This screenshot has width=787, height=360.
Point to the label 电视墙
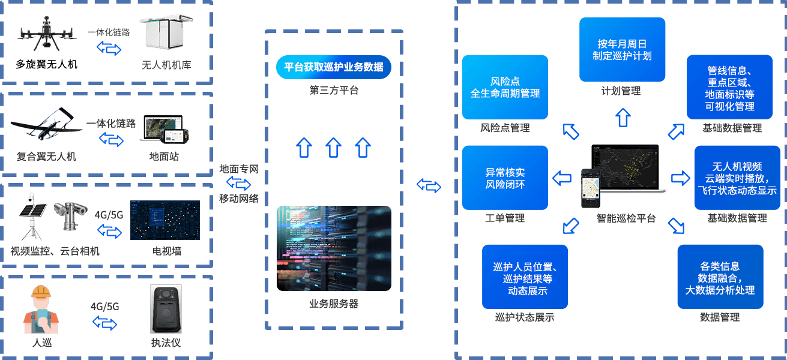click(x=167, y=251)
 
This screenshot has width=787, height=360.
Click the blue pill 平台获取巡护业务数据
click(x=334, y=67)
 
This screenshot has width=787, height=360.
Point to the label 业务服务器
click(x=334, y=304)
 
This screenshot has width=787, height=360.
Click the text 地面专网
click(x=239, y=169)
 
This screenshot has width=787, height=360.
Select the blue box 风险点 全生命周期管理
click(x=505, y=87)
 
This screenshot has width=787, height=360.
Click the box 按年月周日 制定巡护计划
click(x=623, y=50)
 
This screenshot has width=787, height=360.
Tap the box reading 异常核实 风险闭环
click(x=505, y=178)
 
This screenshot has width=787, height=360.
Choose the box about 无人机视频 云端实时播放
click(x=737, y=178)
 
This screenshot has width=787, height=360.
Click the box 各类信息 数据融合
click(x=720, y=277)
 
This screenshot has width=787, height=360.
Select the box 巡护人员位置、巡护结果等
click(x=525, y=277)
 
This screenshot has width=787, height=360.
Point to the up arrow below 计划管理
click(x=623, y=116)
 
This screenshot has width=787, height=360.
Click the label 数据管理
click(x=720, y=317)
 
